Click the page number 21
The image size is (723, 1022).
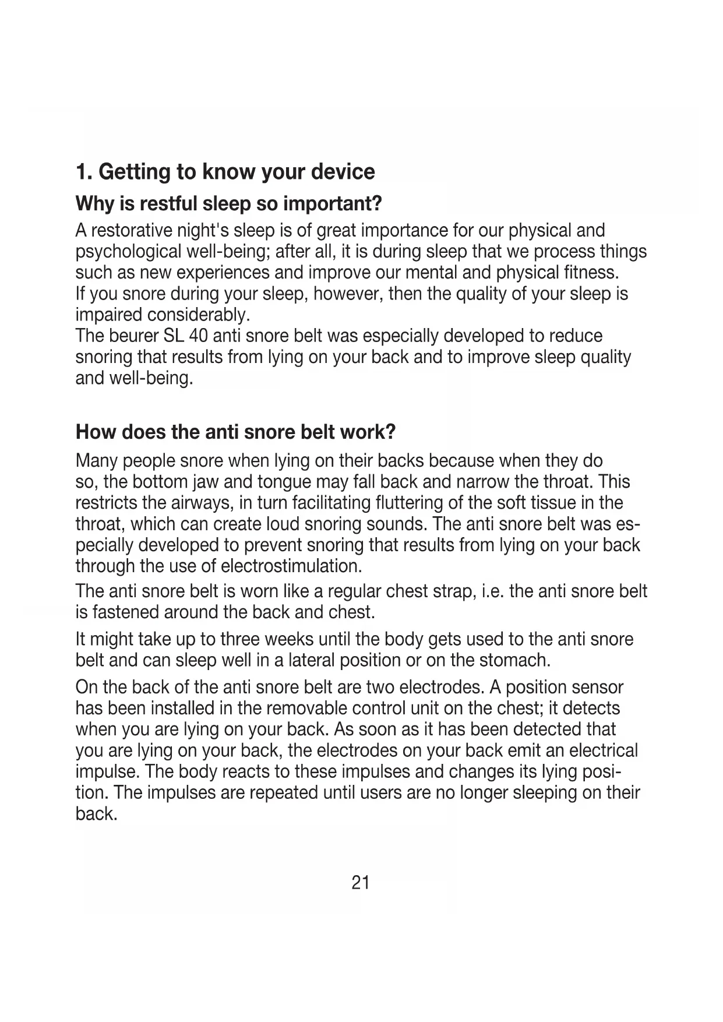(x=361, y=883)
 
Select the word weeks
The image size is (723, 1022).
(x=288, y=639)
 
